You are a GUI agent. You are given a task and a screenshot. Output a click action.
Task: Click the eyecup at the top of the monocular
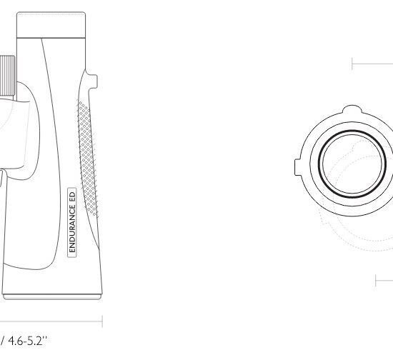51,25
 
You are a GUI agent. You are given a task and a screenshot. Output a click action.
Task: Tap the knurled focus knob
7,76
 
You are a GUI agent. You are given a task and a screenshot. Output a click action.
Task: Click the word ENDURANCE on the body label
72,227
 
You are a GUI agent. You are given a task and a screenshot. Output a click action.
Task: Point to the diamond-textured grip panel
87,159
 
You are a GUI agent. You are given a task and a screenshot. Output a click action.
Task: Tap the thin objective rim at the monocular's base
52,297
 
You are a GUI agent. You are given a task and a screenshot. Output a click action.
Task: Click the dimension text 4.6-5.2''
28,341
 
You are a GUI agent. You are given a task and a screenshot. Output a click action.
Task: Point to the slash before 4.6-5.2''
3,341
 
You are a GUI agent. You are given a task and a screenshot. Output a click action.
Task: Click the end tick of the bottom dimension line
102,321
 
